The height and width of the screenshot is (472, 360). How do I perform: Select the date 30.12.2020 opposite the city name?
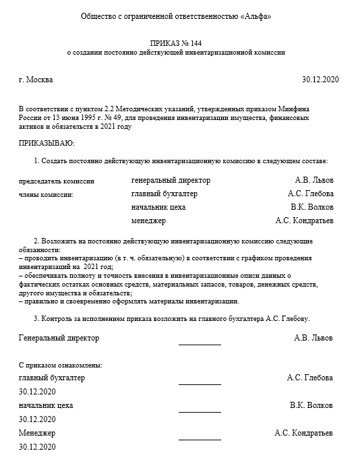(x=321, y=80)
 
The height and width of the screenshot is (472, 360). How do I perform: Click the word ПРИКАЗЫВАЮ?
(x=47, y=143)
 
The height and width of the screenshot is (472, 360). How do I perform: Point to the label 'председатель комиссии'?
(x=57, y=181)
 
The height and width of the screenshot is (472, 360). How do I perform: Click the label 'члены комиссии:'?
(x=47, y=194)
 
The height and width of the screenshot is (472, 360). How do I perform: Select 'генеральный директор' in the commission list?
(x=171, y=181)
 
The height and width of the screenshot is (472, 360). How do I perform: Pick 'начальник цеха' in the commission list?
(x=158, y=207)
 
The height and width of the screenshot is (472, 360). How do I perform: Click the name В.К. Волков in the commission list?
(x=311, y=207)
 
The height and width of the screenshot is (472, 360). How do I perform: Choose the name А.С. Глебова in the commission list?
(x=309, y=194)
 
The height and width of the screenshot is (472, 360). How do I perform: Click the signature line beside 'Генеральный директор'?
(x=200, y=344)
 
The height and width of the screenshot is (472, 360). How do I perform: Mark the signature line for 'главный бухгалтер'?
(x=200, y=384)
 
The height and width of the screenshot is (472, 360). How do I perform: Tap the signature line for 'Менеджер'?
(x=200, y=439)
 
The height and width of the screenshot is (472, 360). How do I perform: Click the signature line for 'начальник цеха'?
(x=200, y=412)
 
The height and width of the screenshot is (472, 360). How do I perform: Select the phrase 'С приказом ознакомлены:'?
(x=61, y=365)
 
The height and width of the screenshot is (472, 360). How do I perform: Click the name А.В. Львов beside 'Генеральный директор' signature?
(x=313, y=338)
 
